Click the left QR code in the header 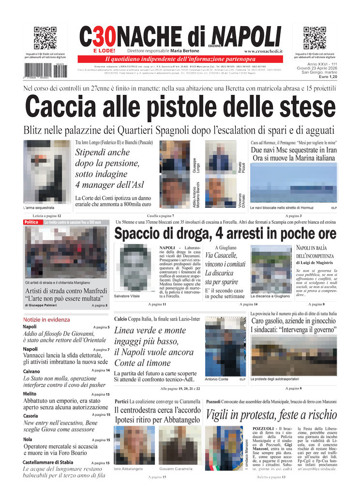(45, 38)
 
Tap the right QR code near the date (315, 38)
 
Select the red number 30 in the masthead (104, 36)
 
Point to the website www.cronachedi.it (263, 51)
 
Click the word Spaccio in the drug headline (144, 234)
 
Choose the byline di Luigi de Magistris (315, 262)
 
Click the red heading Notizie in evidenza (46, 320)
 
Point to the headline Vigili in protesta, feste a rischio (271, 415)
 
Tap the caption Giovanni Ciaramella (176, 469)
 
